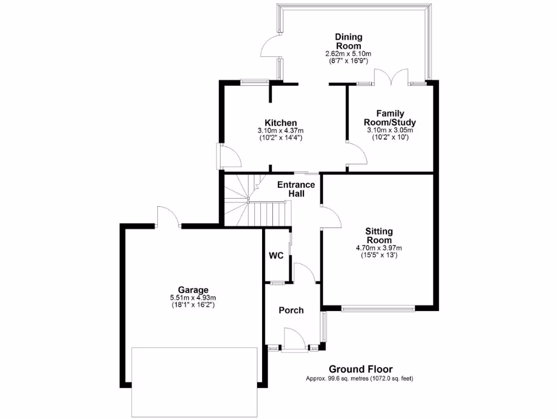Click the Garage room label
pos(193,290)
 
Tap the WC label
pos(276,256)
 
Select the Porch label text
pos(291,310)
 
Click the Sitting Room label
pos(379,236)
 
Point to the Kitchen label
pos(281,123)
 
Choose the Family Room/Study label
pos(389,118)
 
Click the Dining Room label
pos(348,41)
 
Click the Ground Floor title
pos(360,369)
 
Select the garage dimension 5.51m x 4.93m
pos(193,298)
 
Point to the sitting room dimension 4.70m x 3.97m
pos(379,248)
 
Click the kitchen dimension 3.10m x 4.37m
pos(281,131)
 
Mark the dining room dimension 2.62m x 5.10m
pos(348,54)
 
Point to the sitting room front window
pos(379,309)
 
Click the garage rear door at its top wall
pos(168,218)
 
